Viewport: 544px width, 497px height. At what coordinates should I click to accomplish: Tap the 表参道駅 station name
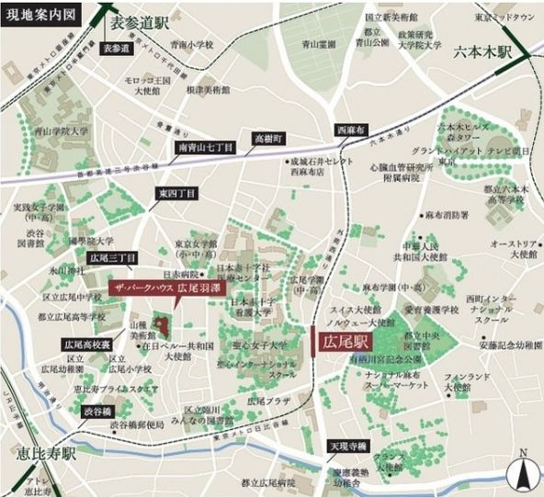coord(142,20)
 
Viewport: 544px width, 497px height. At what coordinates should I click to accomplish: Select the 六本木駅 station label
coord(482,54)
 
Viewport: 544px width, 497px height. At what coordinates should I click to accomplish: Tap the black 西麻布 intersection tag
coord(351,130)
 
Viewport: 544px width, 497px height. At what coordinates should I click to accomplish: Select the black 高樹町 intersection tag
coord(269,138)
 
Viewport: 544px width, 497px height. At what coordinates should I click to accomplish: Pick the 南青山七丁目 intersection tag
coord(205,146)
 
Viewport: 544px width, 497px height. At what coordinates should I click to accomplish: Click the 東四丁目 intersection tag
coord(176,194)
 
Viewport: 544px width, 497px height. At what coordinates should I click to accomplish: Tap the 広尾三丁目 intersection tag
coord(113,258)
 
